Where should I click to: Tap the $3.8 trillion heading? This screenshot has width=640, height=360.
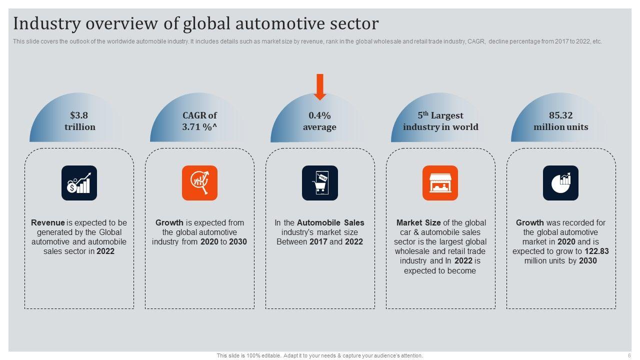(79, 121)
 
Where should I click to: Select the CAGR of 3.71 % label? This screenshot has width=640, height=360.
(199, 121)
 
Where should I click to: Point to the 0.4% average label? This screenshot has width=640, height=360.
(319, 121)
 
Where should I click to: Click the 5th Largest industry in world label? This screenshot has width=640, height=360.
(440, 121)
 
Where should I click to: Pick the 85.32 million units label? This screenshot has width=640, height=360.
(560, 121)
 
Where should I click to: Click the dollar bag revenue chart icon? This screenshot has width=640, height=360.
(79, 183)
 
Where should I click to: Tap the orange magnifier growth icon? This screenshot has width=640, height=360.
(199, 183)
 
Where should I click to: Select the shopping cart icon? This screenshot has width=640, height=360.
(320, 183)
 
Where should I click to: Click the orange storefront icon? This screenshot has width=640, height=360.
(440, 183)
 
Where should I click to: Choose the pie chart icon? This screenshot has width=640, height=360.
(560, 183)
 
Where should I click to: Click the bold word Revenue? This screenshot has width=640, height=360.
(48, 223)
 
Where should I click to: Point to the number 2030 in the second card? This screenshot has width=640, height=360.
(237, 242)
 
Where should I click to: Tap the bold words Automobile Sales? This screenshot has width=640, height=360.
(330, 223)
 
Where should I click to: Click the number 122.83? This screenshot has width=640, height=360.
(596, 251)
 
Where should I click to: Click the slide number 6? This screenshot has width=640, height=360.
(629, 355)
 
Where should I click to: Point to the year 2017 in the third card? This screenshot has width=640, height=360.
(318, 242)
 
